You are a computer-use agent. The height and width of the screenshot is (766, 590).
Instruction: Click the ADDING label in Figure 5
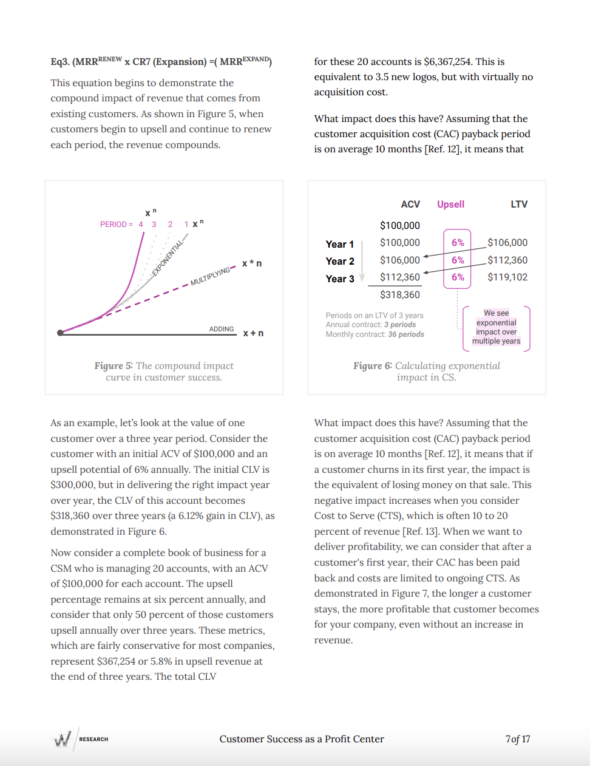coord(222,329)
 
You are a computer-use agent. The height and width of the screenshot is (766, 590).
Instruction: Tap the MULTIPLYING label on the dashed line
coord(211,276)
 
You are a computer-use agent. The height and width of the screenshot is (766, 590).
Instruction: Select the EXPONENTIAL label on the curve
coord(168,258)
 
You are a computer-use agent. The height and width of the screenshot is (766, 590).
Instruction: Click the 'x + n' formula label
coord(253,333)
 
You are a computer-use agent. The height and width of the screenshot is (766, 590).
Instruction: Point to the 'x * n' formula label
coord(252,263)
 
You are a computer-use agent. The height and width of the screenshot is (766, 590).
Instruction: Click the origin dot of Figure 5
coord(60,333)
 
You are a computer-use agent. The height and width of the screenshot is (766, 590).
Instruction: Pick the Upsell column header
coord(450,205)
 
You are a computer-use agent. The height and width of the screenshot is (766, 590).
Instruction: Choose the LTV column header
coord(519,205)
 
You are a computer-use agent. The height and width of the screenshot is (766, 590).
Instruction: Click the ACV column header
coord(410,205)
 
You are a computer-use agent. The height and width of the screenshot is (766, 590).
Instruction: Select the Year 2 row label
coord(340,261)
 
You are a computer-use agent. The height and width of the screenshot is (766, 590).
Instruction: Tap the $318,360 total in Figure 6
coord(400,295)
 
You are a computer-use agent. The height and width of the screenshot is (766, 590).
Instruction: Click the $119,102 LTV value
coord(507,277)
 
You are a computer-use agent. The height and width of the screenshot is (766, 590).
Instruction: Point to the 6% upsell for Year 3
coord(458,277)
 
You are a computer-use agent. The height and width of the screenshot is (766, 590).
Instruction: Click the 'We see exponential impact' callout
coord(496,327)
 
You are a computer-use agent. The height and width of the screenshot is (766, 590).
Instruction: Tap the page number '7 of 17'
coord(518,739)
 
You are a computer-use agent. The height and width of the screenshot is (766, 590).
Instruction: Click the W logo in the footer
coord(63,739)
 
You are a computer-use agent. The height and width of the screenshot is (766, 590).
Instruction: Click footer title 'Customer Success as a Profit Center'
coord(302,739)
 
